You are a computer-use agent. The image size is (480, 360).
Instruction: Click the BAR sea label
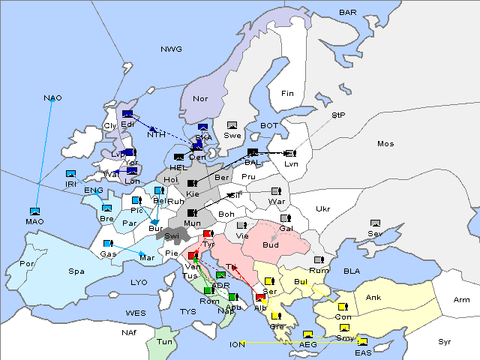pyautogui.click(x=348, y=13)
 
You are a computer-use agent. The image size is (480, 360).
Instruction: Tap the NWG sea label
pyautogui.click(x=171, y=49)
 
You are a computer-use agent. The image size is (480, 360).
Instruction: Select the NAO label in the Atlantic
pyautogui.click(x=52, y=98)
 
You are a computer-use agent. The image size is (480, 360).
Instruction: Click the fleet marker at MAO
pyautogui.click(x=34, y=211)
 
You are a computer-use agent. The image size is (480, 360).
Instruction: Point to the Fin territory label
pyautogui.click(x=287, y=94)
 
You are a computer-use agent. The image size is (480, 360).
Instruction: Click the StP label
pyautogui.click(x=338, y=115)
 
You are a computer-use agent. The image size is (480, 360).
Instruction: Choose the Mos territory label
pyautogui.click(x=385, y=143)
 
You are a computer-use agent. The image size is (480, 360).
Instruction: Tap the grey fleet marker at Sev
pyautogui.click(x=375, y=223)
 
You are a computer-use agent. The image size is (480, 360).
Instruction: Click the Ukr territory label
pyautogui.click(x=322, y=208)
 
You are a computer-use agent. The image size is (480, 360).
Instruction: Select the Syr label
pyautogui.click(x=445, y=341)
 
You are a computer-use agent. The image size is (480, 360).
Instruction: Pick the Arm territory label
pyautogui.click(x=462, y=300)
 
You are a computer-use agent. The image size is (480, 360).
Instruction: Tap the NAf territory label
pyautogui.click(x=129, y=331)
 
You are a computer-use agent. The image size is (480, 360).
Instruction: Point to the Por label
pyautogui.click(x=27, y=264)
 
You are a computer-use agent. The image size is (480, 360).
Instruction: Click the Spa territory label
pyautogui.click(x=76, y=271)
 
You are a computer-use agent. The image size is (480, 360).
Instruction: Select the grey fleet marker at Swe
pyautogui.click(x=232, y=124)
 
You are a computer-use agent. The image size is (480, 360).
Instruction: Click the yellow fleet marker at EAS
pyautogui.click(x=362, y=342)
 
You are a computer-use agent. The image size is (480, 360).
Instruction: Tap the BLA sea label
pyautogui.click(x=352, y=271)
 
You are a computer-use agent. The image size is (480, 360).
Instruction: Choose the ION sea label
pyautogui.click(x=238, y=345)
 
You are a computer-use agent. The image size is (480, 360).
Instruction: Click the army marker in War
pyautogui.click(x=275, y=191)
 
